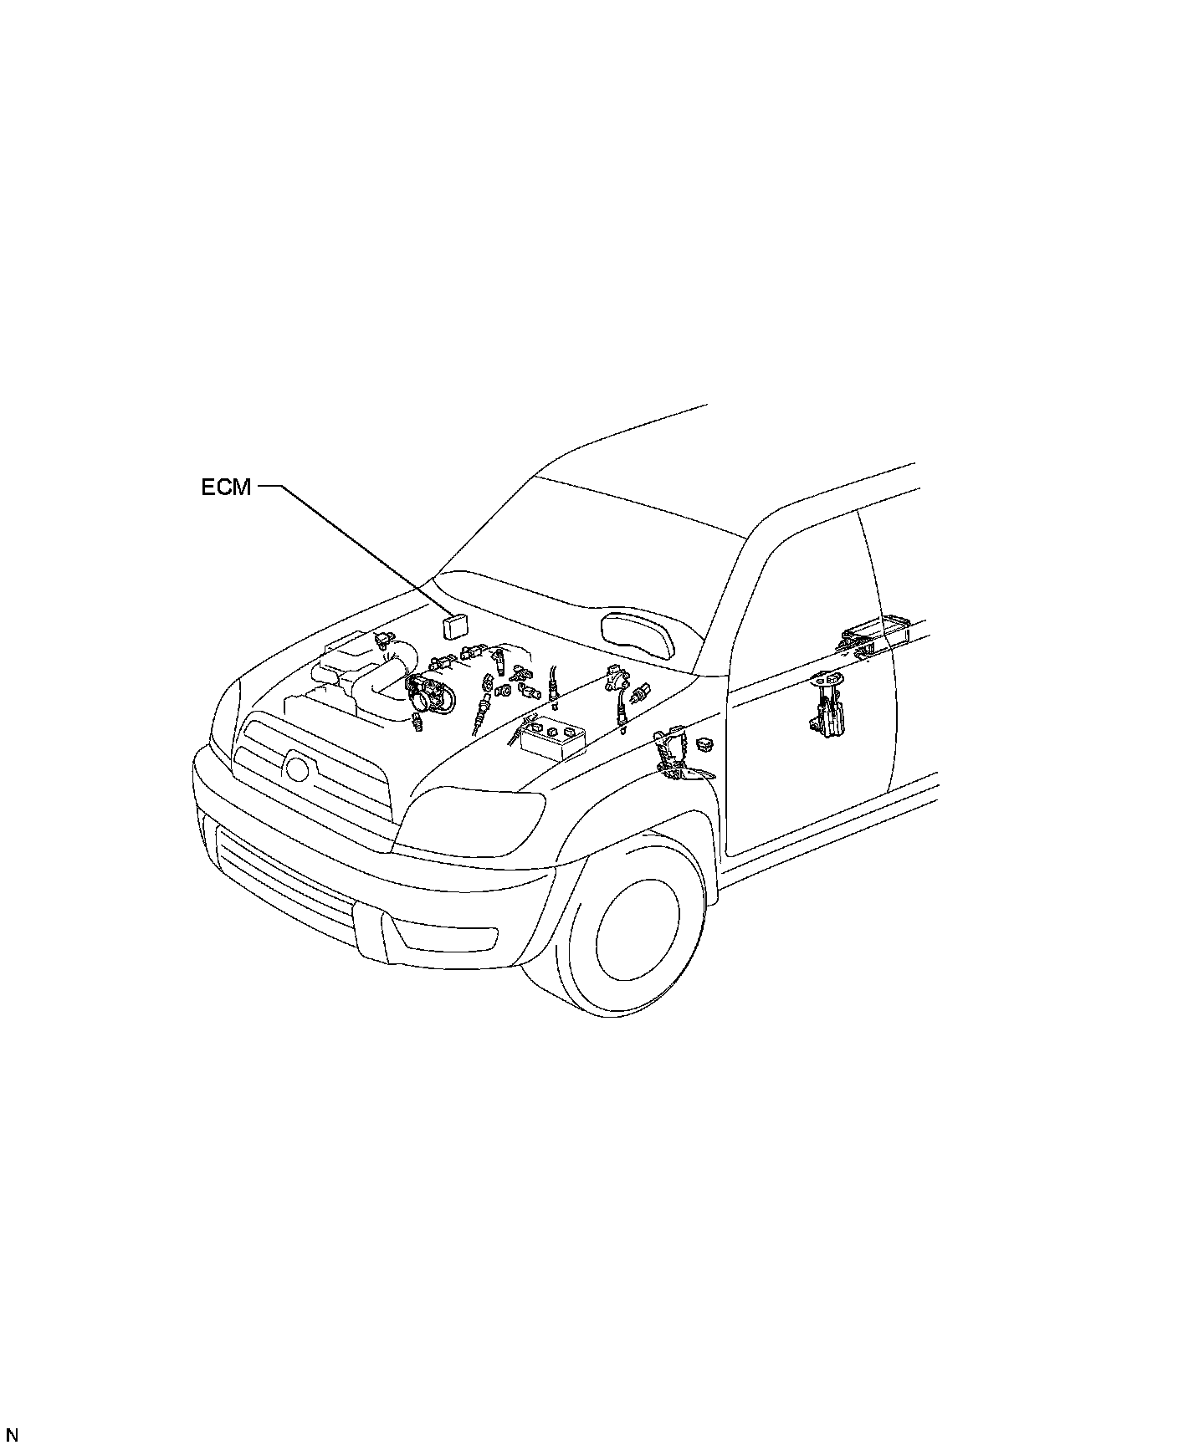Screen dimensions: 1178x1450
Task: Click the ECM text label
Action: (x=226, y=487)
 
